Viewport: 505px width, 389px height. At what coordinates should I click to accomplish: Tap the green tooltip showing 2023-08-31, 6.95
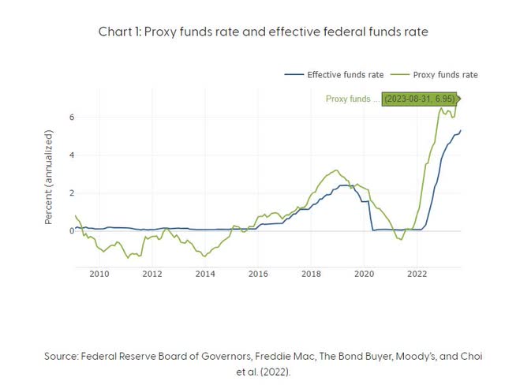[418, 99]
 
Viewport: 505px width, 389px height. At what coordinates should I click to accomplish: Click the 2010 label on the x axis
[99, 274]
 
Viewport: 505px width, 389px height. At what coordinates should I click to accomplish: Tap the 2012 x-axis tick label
[151, 274]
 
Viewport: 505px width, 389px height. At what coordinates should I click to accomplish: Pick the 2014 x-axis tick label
[204, 274]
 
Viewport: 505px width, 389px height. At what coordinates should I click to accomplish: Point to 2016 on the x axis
[258, 274]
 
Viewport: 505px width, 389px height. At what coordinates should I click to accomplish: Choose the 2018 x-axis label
[311, 274]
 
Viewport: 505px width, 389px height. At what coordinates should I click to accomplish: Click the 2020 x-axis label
[364, 274]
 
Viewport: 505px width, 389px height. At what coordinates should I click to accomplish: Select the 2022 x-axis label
[417, 274]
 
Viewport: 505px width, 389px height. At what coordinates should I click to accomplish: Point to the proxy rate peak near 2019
[336, 170]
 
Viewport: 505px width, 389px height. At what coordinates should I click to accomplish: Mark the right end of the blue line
[461, 131]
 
